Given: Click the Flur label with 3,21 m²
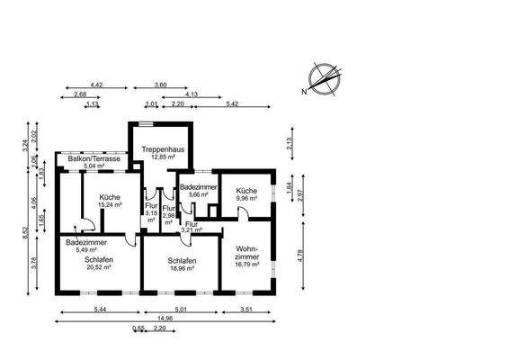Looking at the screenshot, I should tap(192, 227).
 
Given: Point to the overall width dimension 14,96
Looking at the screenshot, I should tap(163, 317).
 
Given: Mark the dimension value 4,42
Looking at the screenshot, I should tap(96, 85).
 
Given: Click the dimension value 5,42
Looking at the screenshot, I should tap(232, 104).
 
